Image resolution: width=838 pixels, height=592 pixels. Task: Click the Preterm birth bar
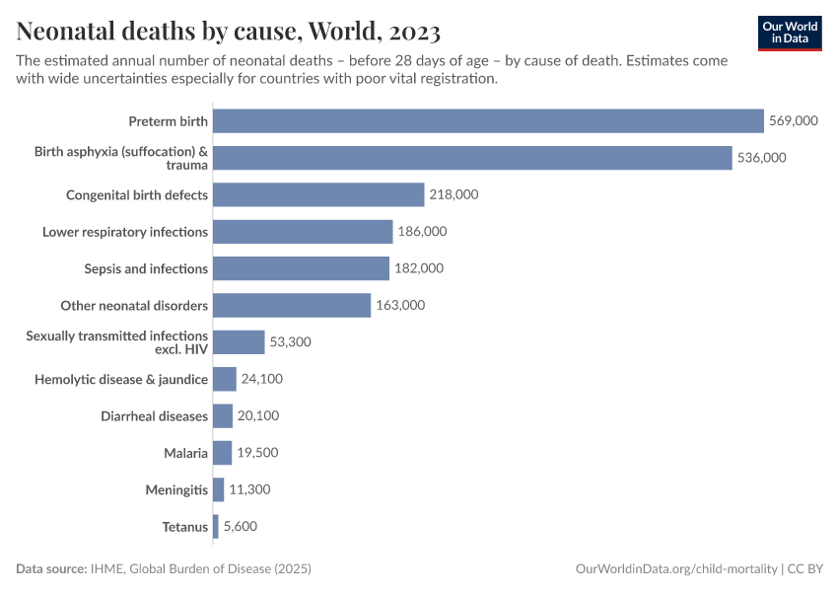(x=488, y=121)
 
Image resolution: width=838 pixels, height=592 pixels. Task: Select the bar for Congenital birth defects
(x=318, y=194)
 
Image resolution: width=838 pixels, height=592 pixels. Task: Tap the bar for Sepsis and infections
(x=301, y=268)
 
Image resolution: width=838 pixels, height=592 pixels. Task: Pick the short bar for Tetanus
(x=216, y=527)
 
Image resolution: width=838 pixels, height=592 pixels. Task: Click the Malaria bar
(x=222, y=453)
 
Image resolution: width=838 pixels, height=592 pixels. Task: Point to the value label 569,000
(x=794, y=121)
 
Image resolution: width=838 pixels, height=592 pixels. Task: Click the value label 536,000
(x=761, y=158)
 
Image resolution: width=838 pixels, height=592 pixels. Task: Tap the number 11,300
(x=249, y=489)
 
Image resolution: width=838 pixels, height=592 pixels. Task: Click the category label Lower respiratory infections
(x=125, y=232)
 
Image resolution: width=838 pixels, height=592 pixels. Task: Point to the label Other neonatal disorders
(x=134, y=306)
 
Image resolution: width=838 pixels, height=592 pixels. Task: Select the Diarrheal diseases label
(x=154, y=416)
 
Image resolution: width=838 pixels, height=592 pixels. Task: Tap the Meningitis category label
(x=175, y=489)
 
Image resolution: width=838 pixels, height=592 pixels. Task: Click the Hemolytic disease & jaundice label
(x=121, y=379)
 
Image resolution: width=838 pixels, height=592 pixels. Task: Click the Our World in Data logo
(x=790, y=33)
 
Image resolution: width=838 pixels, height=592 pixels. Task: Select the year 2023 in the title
(x=408, y=32)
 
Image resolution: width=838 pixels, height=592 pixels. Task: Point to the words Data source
(x=50, y=569)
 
